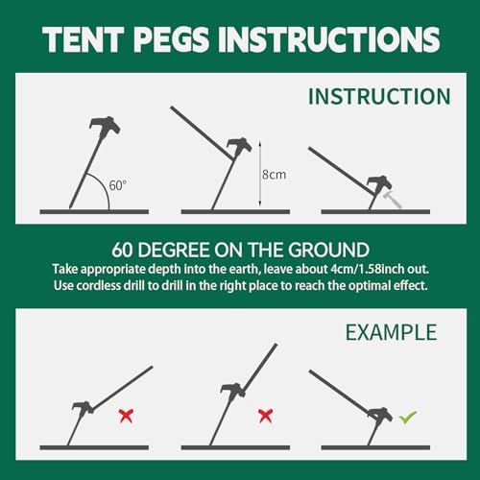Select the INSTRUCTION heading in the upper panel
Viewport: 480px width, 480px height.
379,97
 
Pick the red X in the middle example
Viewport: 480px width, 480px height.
265,415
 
